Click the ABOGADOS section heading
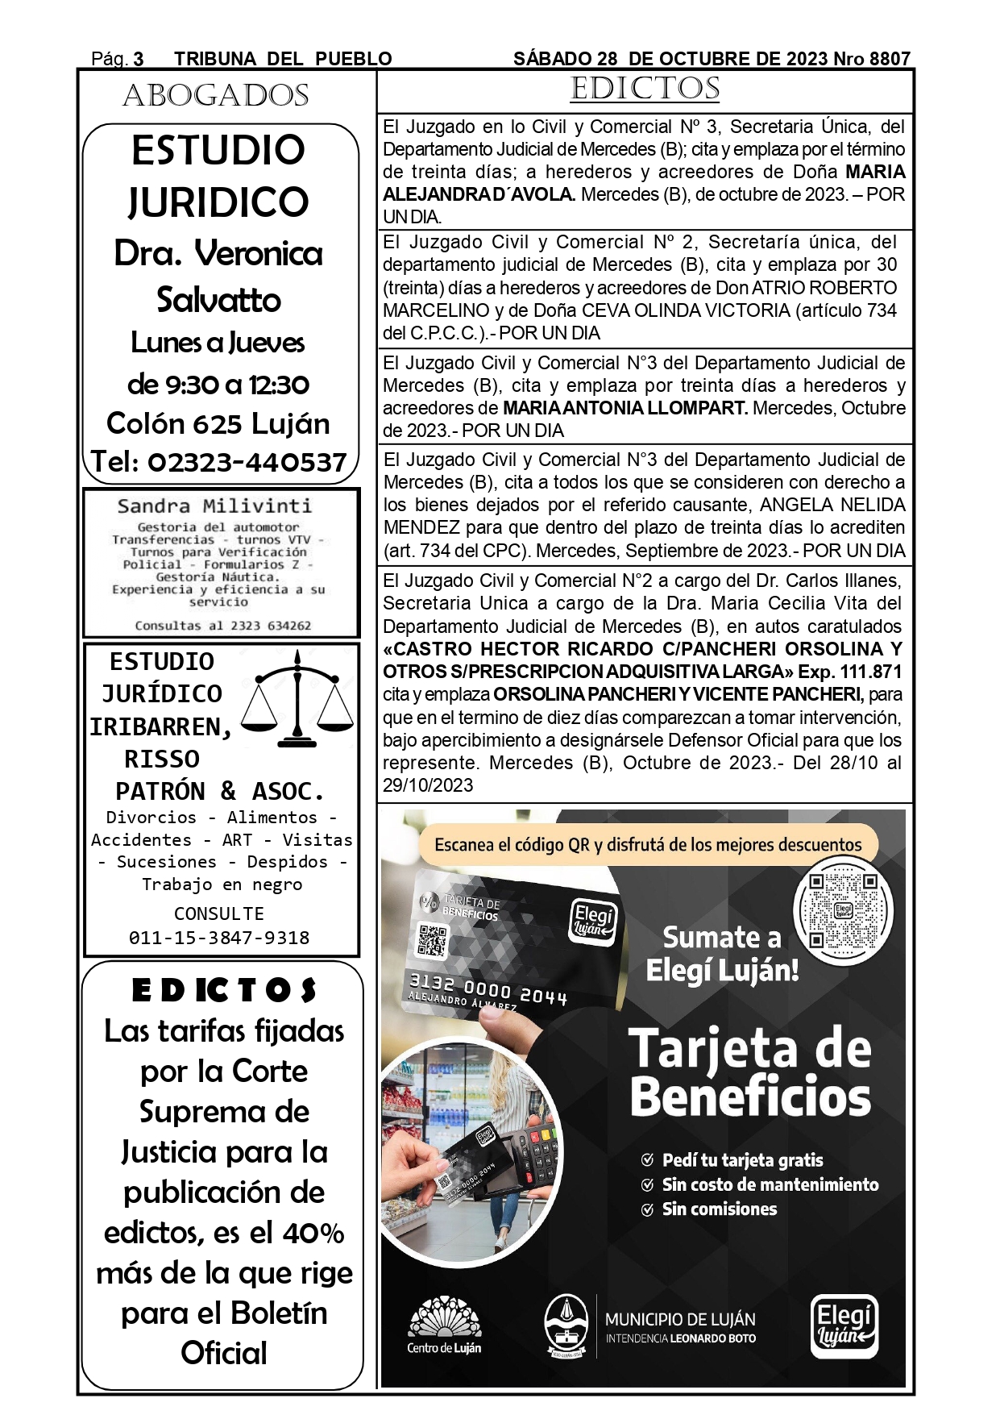216,96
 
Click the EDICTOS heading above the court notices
645,89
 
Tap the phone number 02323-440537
247,462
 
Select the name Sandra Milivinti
214,506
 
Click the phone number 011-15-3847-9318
219,938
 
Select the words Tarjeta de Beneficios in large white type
750,1072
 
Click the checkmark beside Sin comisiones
647,1209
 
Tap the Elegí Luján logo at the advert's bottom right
844,1326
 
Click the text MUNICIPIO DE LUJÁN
680,1320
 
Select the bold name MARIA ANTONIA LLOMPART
625,408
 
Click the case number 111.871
871,672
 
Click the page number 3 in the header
139,60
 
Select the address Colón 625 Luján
218,423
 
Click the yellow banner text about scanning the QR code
648,845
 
